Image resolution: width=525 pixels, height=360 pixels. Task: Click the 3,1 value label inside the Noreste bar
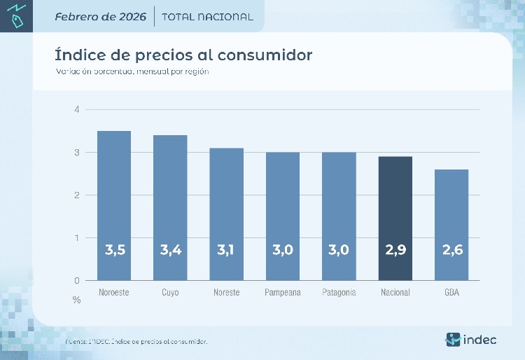[x=227, y=249]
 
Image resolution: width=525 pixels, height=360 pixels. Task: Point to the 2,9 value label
[x=395, y=249]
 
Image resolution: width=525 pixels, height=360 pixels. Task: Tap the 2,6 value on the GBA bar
[x=451, y=249]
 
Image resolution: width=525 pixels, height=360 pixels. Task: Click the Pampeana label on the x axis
[x=283, y=292]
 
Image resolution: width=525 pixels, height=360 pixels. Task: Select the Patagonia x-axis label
[x=339, y=292]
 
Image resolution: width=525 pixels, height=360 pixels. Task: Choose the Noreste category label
[x=227, y=292]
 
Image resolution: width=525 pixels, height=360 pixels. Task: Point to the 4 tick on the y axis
[x=77, y=109]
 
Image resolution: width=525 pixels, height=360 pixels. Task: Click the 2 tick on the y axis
[x=77, y=195]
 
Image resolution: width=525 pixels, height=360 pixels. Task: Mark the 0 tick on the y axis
[x=77, y=280]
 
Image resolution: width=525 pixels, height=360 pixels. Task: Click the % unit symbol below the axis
[x=77, y=300]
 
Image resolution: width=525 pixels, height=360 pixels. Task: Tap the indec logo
[x=471, y=340]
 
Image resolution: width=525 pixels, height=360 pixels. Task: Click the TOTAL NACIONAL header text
[x=207, y=17]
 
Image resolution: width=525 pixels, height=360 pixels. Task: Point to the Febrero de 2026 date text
[x=100, y=17]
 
